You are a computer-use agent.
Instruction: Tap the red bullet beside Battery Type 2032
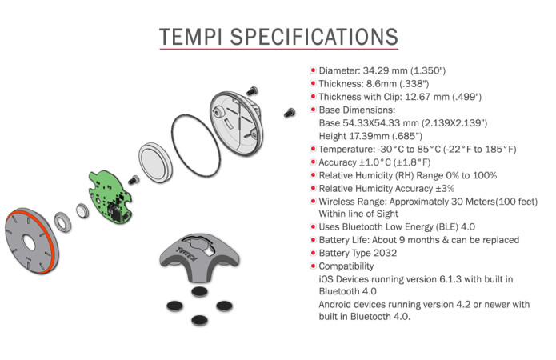point(312,253)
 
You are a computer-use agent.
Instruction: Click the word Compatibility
point(346,266)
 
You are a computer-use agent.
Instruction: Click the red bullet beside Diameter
point(312,70)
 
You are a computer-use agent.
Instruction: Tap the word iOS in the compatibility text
point(326,278)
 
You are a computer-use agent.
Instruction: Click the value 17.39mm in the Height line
point(367,135)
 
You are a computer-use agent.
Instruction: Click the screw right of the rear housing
point(289,113)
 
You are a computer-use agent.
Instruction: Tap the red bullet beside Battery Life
point(312,239)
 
